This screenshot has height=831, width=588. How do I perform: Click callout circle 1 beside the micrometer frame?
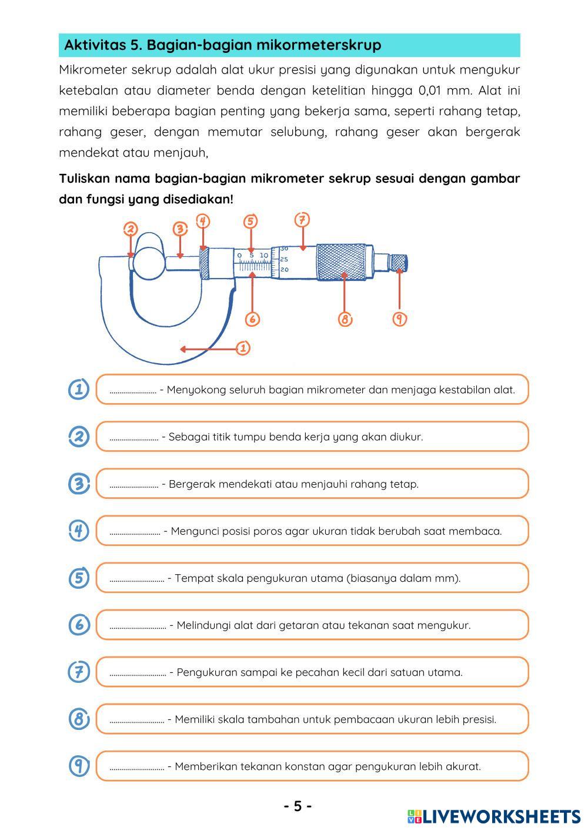click(x=243, y=348)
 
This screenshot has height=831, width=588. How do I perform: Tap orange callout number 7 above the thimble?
click(x=302, y=220)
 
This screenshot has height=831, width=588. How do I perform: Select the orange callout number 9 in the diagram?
click(x=400, y=319)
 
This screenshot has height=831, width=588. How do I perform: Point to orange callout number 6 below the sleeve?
click(x=252, y=319)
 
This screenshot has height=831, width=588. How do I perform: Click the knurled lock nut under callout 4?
click(x=205, y=262)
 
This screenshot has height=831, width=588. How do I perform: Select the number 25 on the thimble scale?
click(x=284, y=259)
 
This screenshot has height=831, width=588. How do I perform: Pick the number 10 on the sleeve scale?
click(x=263, y=256)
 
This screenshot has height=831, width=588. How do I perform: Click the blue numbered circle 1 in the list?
click(x=79, y=389)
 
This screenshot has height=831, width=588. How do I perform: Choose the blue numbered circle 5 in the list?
click(x=79, y=578)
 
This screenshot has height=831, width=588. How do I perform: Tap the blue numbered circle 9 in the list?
click(x=79, y=766)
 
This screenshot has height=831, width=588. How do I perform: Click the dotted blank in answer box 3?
click(x=133, y=485)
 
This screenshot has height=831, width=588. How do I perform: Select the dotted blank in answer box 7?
click(x=138, y=673)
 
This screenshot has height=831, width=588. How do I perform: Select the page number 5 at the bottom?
click(x=298, y=806)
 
